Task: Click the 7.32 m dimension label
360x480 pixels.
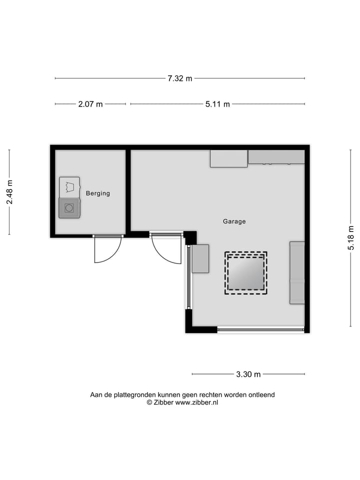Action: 179,78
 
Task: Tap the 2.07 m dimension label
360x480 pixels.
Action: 90,104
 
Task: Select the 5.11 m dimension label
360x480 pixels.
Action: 217,104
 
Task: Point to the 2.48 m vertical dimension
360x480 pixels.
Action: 9,192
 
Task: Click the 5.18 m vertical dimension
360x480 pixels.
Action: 351,239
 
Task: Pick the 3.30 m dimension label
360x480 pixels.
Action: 248,374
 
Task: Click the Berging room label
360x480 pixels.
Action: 97,193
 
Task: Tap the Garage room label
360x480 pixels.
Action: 234,221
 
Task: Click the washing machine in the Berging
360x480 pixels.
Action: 69,208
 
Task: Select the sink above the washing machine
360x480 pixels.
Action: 69,187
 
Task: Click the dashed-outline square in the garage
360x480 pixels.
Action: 245,272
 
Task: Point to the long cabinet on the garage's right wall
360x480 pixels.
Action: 297,272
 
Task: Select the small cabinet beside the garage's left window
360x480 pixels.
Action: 200,258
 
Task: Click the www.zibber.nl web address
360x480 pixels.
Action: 196,402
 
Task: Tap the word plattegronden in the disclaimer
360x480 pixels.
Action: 131,394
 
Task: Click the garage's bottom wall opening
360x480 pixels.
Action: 260,329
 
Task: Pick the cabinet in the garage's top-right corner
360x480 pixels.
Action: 276,157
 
